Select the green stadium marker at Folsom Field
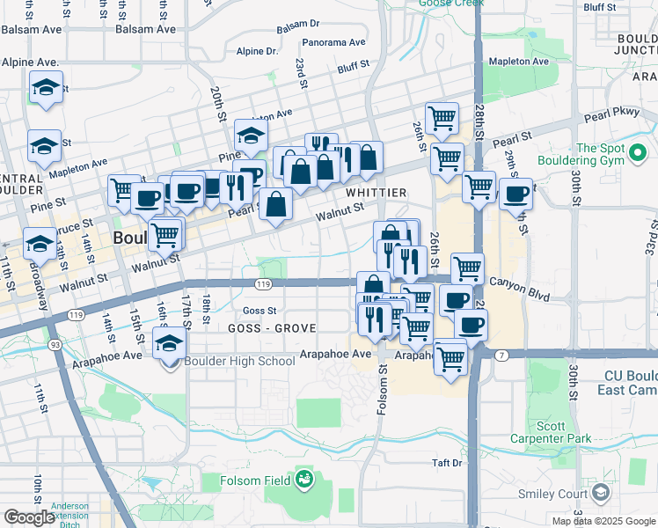point(304,480)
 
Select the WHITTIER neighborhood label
point(376,193)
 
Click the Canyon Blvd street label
point(518,282)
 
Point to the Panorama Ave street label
point(333,42)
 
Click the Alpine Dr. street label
point(257,51)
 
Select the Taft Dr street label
point(447,463)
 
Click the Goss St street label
point(260,311)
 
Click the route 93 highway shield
point(55,344)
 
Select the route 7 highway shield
point(501,355)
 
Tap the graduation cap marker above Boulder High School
point(170,342)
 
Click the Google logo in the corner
point(29,517)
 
